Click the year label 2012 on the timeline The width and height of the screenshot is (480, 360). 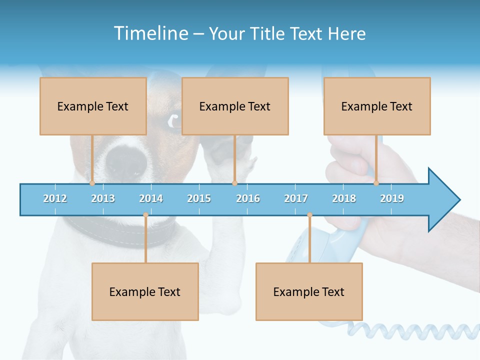[x=55, y=198]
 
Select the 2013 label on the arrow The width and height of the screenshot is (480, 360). [x=103, y=198]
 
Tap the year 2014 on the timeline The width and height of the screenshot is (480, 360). [x=151, y=198]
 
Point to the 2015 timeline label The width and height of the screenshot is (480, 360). [x=199, y=198]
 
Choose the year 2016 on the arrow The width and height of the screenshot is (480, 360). [x=248, y=198]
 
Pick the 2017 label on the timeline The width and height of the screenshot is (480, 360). [x=296, y=198]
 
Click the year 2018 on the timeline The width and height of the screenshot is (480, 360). [x=344, y=198]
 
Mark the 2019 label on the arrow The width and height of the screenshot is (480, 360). [x=392, y=198]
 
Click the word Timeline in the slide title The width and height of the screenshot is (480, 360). [x=150, y=33]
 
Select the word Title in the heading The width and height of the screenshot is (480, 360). [x=268, y=33]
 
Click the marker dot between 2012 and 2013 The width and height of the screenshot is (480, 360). [x=92, y=183]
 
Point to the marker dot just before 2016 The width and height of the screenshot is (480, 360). [x=234, y=183]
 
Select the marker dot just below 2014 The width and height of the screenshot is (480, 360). [x=145, y=215]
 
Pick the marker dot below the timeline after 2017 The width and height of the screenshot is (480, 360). [x=309, y=215]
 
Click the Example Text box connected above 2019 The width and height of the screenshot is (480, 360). [x=377, y=106]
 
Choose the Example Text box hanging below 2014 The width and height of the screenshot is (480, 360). [x=145, y=291]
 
